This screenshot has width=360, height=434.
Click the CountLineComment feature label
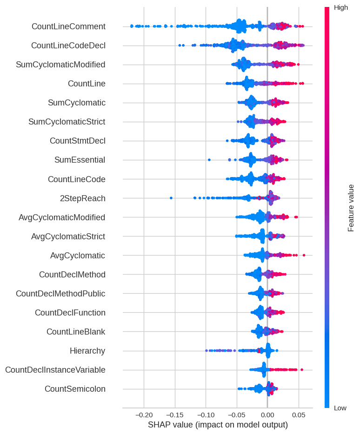point(68,26)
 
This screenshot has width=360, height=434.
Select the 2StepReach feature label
point(82,198)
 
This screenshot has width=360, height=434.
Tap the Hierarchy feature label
point(87,351)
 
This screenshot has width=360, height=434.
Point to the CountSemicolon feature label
point(75,389)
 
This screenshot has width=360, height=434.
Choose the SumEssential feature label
point(80,160)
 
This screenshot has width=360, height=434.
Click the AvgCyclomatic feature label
point(77,256)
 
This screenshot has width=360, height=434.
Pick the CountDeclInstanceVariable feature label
point(55,370)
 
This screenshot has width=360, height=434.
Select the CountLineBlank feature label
point(76,332)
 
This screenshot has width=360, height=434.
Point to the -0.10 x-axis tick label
point(205,414)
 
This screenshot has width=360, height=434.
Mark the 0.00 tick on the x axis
point(267,414)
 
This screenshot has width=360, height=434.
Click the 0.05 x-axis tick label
point(298,414)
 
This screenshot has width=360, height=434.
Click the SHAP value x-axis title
point(218,425)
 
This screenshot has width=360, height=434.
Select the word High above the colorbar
point(341,7)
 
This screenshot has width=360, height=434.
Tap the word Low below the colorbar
point(340,408)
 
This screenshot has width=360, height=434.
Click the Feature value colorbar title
point(351,208)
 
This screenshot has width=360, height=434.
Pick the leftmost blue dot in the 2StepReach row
point(171,198)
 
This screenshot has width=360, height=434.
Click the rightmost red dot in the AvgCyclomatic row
point(304,255)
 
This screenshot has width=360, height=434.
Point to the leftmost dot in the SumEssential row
point(209,160)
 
